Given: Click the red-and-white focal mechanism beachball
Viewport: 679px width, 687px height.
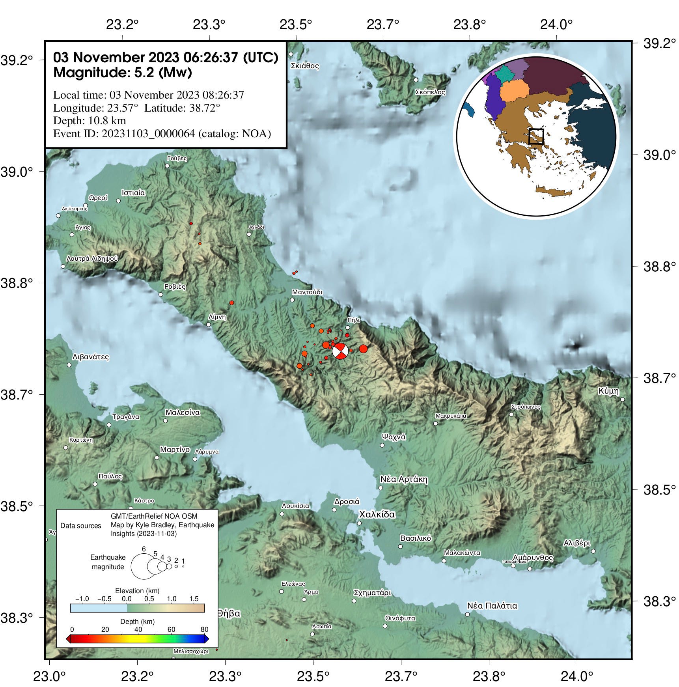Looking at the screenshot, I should click(340, 351).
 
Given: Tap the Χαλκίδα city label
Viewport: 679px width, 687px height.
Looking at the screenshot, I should click(377, 514).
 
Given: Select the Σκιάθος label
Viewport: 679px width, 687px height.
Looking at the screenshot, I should click(305, 66).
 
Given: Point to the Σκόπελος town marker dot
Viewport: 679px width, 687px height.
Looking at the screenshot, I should click(416, 80).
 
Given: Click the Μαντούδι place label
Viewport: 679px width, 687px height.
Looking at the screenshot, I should click(307, 292).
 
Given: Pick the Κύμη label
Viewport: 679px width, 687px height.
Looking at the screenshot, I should click(608, 391).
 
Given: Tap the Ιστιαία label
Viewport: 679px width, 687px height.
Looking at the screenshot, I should click(133, 193).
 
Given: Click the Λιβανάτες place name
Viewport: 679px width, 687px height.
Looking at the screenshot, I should click(91, 357).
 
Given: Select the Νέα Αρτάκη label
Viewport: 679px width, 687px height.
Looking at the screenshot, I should click(404, 480).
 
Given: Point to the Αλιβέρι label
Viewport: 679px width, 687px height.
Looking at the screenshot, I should click(577, 543).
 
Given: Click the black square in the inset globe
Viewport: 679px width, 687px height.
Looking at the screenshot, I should click(536, 136).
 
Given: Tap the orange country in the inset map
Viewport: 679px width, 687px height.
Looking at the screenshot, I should click(514, 91).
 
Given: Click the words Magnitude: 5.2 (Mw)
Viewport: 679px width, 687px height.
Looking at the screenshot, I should click(123, 73).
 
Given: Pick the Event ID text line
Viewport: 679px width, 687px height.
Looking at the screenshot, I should click(162, 134).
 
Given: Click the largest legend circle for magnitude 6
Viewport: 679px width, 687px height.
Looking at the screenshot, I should click(144, 566).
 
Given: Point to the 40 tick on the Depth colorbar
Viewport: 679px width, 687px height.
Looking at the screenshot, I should click(138, 629).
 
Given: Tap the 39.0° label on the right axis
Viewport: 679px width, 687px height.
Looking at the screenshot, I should click(659, 155).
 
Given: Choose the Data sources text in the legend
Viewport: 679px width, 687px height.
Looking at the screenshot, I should click(81, 526).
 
